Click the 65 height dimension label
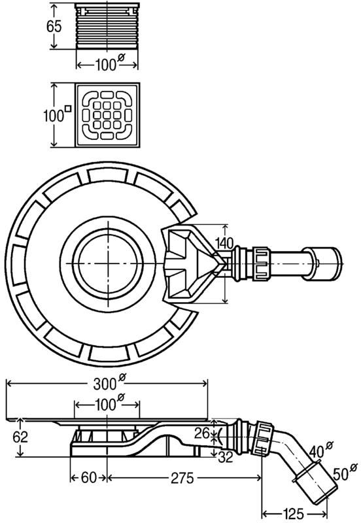pyautogui.click(x=54, y=26)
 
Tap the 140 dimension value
pyautogui.click(x=224, y=243)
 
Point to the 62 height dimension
pyautogui.click(x=20, y=437)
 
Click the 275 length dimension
pyautogui.click(x=182, y=479)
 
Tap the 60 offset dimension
pyautogui.click(x=88, y=478)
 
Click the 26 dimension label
pyautogui.click(x=202, y=433)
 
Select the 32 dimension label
pyautogui.click(x=225, y=457)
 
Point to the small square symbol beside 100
pyautogui.click(x=68, y=108)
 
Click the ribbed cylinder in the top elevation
pyautogui.click(x=107, y=26)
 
